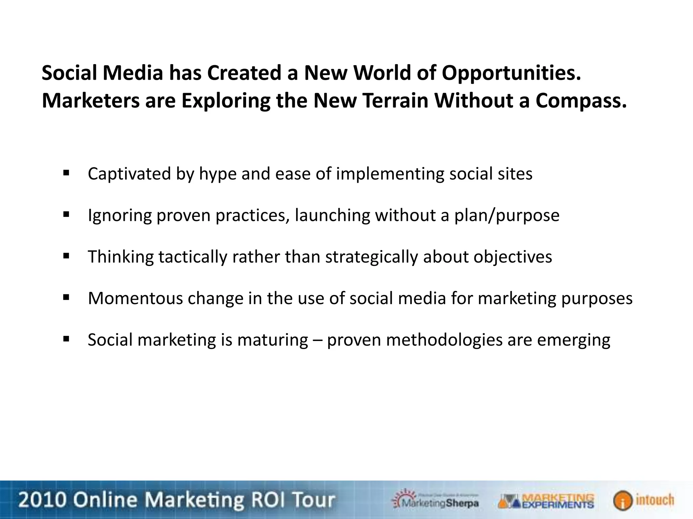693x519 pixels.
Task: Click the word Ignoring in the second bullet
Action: (119, 216)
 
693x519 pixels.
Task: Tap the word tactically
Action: (193, 257)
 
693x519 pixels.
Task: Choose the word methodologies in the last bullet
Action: (444, 340)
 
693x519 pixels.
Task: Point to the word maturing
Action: (272, 340)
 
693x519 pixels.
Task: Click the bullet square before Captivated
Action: (66, 173)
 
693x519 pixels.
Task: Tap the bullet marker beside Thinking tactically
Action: (66, 256)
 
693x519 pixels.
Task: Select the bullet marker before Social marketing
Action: (66, 339)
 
